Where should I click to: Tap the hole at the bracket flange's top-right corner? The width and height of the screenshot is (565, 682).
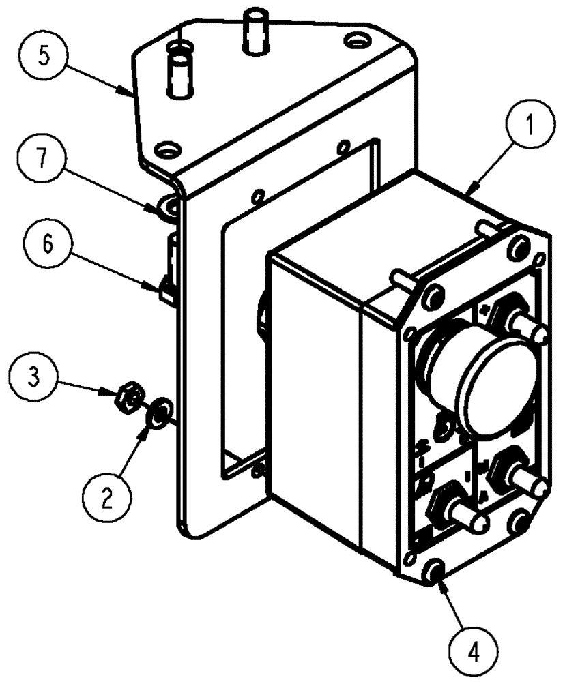[355, 42]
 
